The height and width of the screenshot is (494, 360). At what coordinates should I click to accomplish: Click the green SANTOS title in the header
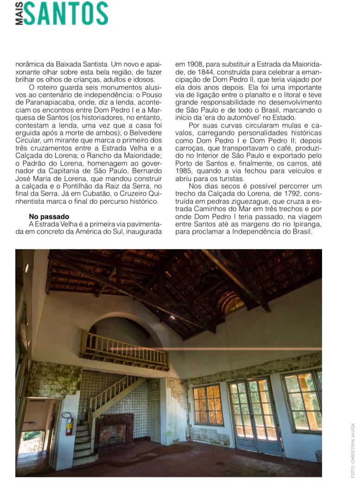pyautogui.click(x=66, y=13)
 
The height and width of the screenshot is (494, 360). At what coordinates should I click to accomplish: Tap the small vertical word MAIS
pyautogui.click(x=19, y=13)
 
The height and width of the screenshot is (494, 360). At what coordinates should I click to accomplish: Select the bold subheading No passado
pyautogui.click(x=49, y=216)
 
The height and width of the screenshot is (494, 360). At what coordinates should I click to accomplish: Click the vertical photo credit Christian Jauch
pyautogui.click(x=353, y=450)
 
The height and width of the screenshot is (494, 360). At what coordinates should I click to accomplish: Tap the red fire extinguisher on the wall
pyautogui.click(x=69, y=424)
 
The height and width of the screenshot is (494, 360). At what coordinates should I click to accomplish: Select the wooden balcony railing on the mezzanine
pyautogui.click(x=124, y=351)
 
